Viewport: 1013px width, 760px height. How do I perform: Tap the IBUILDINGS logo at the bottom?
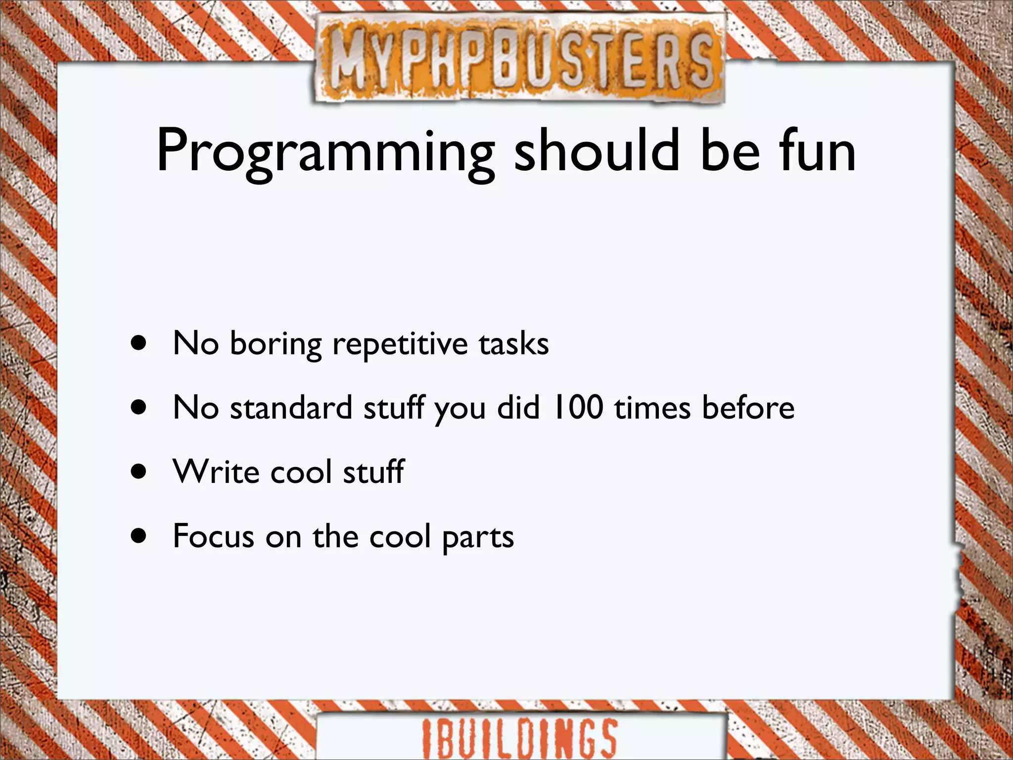click(x=519, y=737)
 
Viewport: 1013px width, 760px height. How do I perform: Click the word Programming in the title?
click(x=325, y=151)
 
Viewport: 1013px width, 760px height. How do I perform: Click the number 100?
click(x=578, y=407)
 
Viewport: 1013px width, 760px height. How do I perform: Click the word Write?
click(x=216, y=471)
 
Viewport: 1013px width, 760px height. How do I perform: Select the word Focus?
click(x=213, y=535)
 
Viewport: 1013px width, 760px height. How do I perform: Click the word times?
click(x=652, y=408)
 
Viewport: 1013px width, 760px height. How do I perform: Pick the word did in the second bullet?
click(x=518, y=408)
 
